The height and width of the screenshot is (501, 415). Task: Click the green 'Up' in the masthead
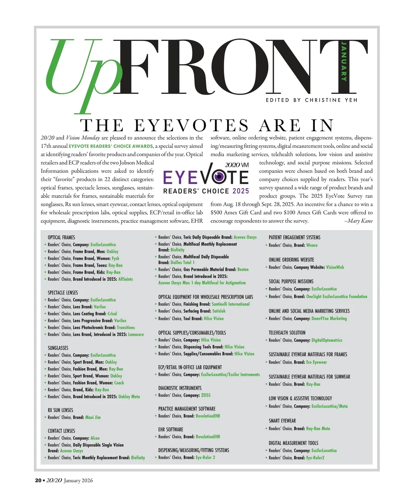pyautogui.click(x=83, y=69)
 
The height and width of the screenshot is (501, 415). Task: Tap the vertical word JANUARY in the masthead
pyautogui.click(x=344, y=61)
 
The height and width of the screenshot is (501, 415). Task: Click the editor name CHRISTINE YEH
pyautogui.click(x=331, y=100)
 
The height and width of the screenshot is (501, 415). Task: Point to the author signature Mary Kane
pyautogui.click(x=360, y=221)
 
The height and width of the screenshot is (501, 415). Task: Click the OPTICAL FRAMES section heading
pyautogui.click(x=61, y=237)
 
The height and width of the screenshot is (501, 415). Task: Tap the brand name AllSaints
pyautogui.click(x=126, y=279)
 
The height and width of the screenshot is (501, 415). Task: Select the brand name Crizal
pyautogui.click(x=112, y=314)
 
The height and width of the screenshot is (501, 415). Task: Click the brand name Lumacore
pyautogui.click(x=136, y=334)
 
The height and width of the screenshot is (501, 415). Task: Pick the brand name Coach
pyautogui.click(x=119, y=383)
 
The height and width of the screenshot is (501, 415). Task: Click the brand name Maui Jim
pyautogui.click(x=93, y=417)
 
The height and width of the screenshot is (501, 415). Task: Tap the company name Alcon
pyautogui.click(x=95, y=438)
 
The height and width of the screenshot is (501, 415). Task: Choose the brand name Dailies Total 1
pyautogui.click(x=183, y=263)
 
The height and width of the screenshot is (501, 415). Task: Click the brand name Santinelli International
pyautogui.click(x=231, y=304)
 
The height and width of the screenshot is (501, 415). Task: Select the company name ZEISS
pyautogui.click(x=206, y=395)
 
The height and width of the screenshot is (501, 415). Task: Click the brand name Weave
pyautogui.click(x=312, y=245)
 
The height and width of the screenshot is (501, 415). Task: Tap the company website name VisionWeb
pyautogui.click(x=335, y=267)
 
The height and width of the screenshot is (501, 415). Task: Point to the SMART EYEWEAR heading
pyautogui.click(x=282, y=421)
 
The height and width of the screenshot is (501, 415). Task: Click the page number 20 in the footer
pyautogui.click(x=38, y=481)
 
